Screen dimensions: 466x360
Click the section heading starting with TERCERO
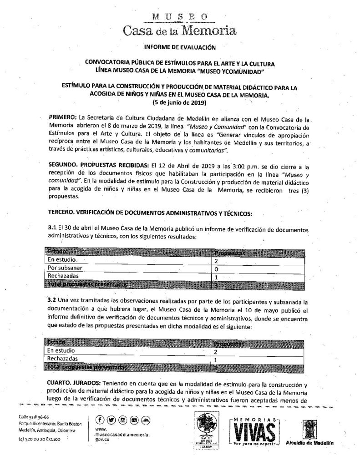(x=150, y=213)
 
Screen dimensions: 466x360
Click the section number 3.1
(x=51, y=228)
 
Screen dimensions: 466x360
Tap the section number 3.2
(x=52, y=301)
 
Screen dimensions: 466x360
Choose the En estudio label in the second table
(x=61, y=351)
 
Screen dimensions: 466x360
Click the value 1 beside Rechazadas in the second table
(x=216, y=359)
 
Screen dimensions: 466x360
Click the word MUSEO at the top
(x=178, y=17)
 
